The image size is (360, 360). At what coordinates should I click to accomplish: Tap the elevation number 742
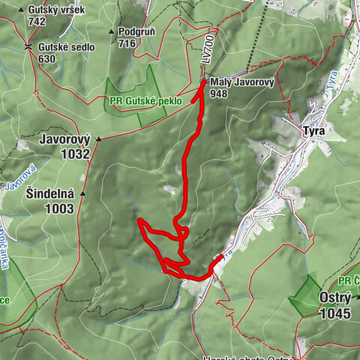(37, 22)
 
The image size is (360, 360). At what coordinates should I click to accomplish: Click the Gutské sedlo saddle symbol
(28, 46)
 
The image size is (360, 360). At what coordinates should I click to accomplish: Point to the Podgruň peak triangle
(112, 32)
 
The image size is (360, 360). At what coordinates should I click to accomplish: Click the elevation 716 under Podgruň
(127, 43)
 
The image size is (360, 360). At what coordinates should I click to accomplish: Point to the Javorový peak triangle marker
(97, 139)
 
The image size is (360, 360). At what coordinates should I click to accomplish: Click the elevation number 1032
(76, 154)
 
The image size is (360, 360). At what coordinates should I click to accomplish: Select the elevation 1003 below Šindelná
(60, 209)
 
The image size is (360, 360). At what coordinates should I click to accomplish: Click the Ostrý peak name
(335, 297)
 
